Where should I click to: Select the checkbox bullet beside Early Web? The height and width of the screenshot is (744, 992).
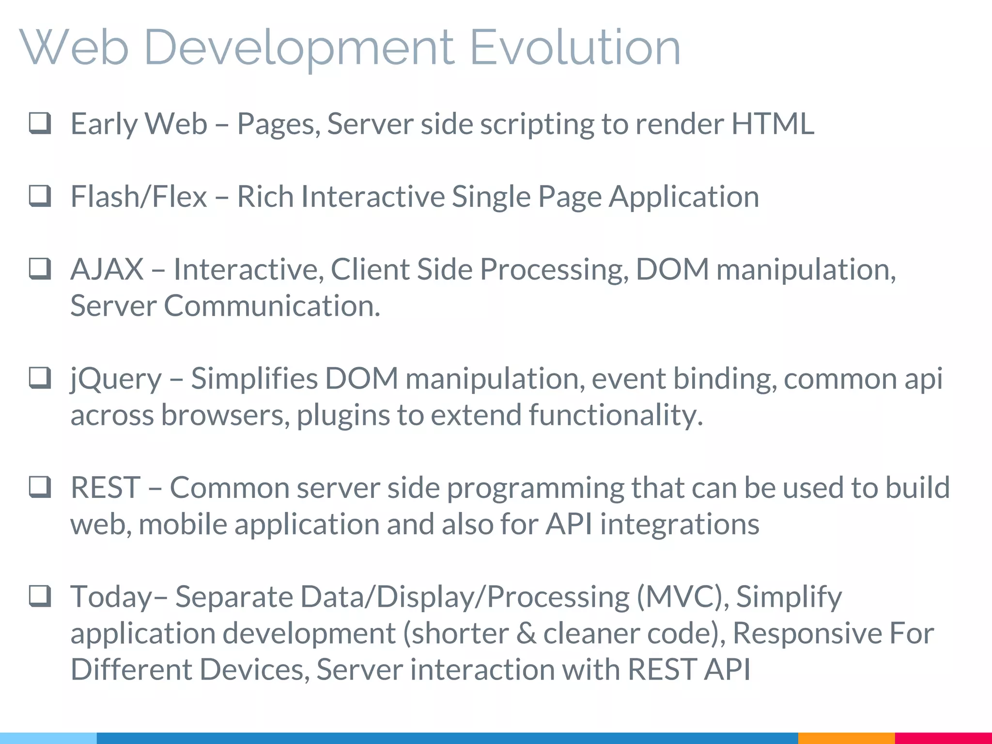pyautogui.click(x=40, y=123)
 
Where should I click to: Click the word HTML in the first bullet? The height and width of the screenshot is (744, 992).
pyautogui.click(x=773, y=124)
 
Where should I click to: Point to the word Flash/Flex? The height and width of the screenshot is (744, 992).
pyautogui.click(x=139, y=197)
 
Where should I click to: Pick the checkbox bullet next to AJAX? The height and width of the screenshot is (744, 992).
pyautogui.click(x=40, y=269)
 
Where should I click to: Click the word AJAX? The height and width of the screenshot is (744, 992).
pyautogui.click(x=107, y=269)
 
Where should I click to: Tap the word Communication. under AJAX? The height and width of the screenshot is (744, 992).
pyautogui.click(x=272, y=306)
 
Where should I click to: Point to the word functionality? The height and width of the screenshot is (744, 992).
pyautogui.click(x=616, y=416)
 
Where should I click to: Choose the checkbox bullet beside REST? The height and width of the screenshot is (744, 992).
pyautogui.click(x=40, y=487)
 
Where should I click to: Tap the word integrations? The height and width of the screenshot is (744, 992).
pyautogui.click(x=680, y=524)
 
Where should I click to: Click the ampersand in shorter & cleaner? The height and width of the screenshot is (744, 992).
pyautogui.click(x=526, y=634)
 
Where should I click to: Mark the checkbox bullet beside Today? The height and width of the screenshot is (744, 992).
pyautogui.click(x=40, y=596)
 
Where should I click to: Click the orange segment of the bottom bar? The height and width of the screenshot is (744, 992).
pyautogui.click(x=846, y=738)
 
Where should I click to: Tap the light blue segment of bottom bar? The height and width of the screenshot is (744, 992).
pyautogui.click(x=48, y=738)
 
